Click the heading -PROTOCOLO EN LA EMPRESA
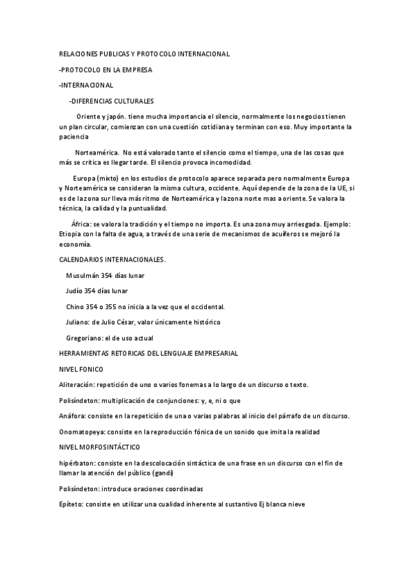[105, 70]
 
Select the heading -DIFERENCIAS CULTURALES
[111, 100]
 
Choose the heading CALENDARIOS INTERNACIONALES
[112, 259]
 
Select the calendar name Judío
[75, 290]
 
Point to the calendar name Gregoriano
[83, 338]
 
